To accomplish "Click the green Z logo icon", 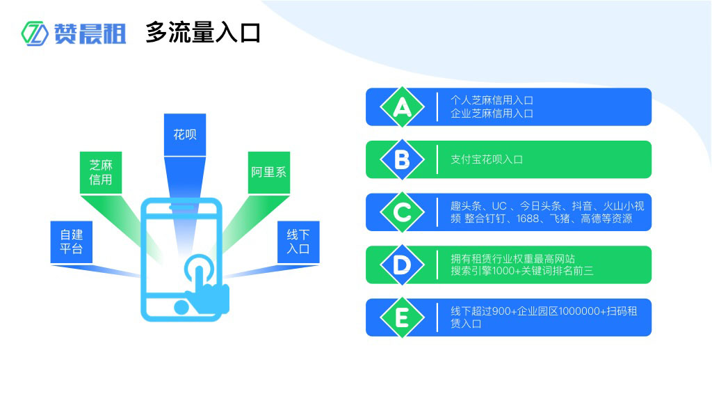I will [35, 33].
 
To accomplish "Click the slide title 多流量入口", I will [202, 32].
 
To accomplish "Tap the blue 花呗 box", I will [185, 134].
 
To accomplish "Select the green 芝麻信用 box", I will [101, 173].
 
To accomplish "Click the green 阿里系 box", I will [269, 172].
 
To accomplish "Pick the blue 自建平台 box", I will [71, 242].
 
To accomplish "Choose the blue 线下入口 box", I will [298, 242].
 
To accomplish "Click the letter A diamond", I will [402, 107].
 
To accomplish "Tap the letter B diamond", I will [402, 159].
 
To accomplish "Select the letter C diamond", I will [402, 212].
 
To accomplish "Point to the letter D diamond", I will [402, 265].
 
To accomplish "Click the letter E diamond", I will [402, 317].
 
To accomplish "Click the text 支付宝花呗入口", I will [486, 159].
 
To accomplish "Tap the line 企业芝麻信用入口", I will [492, 113].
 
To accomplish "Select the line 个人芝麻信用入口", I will [492, 100].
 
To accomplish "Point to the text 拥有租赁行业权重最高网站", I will [512, 258].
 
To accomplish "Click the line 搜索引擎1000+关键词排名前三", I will [521, 271].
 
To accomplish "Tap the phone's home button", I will [181, 306].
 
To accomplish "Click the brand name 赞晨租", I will [90, 33].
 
